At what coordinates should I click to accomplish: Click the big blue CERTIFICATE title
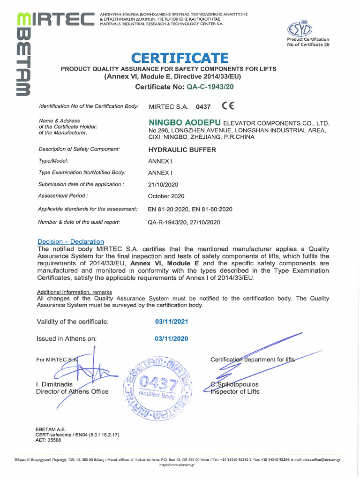(x=180, y=58)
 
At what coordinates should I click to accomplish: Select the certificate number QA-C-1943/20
(x=210, y=87)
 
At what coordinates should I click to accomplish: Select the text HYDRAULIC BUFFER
(x=182, y=150)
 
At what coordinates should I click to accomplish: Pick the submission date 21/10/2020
(x=163, y=185)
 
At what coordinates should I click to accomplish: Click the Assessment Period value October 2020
(x=166, y=196)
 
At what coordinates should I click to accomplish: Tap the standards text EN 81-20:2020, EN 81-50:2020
(x=190, y=209)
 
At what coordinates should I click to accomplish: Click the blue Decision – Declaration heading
(x=71, y=241)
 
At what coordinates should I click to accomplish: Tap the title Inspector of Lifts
(x=235, y=391)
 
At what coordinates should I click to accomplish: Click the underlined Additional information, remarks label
(x=75, y=292)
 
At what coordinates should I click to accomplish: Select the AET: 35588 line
(x=48, y=440)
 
